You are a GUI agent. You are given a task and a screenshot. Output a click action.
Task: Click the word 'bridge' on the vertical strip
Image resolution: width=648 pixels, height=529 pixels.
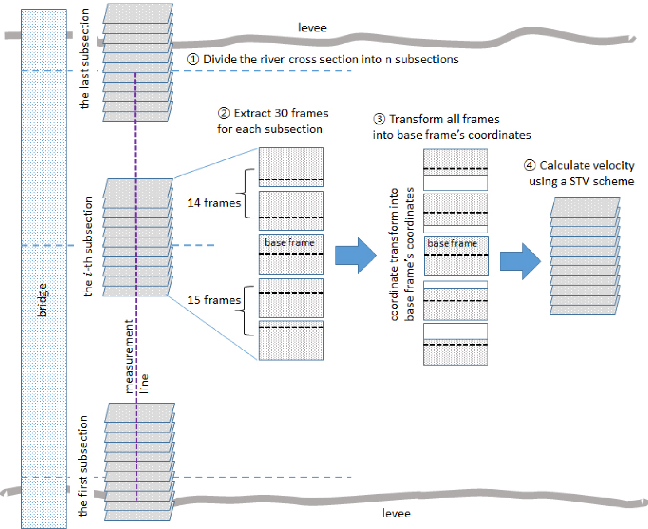click(x=43, y=300)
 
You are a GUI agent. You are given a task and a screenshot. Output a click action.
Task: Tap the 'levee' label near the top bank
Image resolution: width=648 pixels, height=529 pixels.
click(x=312, y=28)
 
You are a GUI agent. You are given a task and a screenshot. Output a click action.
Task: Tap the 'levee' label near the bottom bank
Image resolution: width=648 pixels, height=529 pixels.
click(x=396, y=513)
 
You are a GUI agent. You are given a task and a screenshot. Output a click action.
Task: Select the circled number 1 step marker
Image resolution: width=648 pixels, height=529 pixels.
click(x=193, y=59)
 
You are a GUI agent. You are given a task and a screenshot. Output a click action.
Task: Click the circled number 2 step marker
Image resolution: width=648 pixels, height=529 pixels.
click(x=224, y=113)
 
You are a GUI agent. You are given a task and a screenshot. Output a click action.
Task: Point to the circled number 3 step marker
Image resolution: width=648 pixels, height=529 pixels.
click(x=379, y=119)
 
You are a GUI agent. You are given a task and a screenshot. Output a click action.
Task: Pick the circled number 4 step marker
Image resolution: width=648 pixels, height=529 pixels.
click(x=529, y=166)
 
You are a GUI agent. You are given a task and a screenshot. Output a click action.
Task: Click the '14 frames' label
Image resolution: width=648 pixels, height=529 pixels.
click(x=214, y=203)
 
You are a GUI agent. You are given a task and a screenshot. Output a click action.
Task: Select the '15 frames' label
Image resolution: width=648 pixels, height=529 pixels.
click(x=214, y=300)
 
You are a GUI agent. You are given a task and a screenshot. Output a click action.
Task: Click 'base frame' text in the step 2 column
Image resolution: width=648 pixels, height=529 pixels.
click(x=289, y=243)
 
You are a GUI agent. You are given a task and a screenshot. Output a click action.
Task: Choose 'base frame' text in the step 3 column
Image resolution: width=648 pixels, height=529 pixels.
click(x=452, y=244)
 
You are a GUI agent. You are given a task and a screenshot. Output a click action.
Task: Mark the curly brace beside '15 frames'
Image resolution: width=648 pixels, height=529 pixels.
click(x=247, y=311)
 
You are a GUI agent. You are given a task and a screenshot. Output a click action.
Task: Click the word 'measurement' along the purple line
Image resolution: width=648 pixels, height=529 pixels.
click(x=129, y=356)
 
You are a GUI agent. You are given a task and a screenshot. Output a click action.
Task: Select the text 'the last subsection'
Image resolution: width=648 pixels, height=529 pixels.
click(x=84, y=59)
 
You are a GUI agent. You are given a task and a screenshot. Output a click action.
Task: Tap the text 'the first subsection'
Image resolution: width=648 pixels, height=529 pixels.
click(x=83, y=466)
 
